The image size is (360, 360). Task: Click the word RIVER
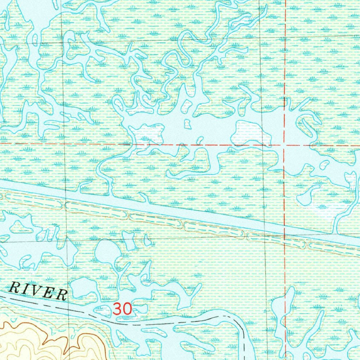point(38,290)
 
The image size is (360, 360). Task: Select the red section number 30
point(122,309)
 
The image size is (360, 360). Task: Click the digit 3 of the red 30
point(117,309)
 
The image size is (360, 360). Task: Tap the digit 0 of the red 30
point(127,309)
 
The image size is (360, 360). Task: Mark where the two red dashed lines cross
point(284,145)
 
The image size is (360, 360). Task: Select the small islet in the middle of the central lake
point(187,124)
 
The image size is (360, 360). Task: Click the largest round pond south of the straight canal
point(108,251)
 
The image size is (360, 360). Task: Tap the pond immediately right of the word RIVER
point(83,288)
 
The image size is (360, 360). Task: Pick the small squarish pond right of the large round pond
point(129,241)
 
